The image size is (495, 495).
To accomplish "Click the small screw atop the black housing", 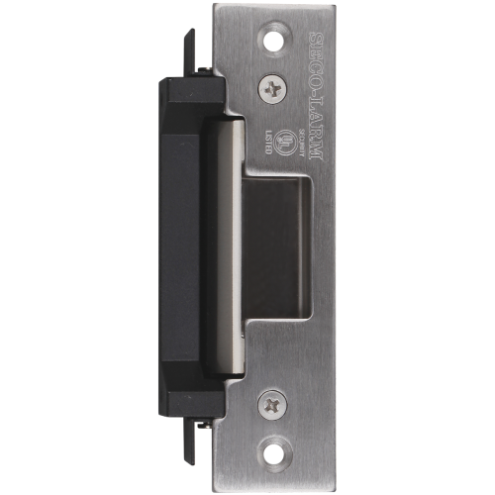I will pyautogui.click(x=205, y=67).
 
